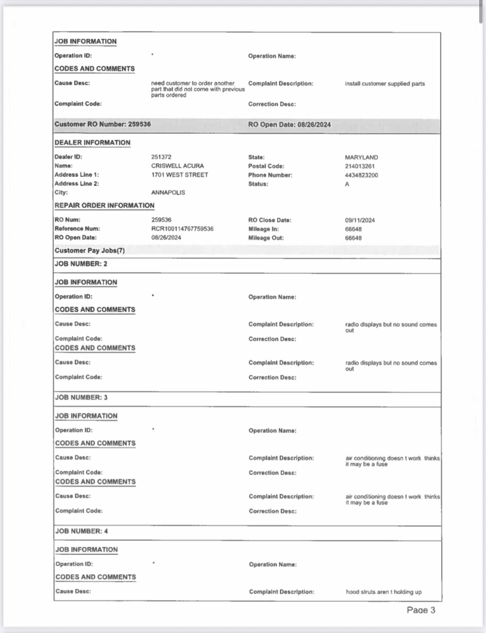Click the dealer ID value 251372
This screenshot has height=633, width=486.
[161, 158]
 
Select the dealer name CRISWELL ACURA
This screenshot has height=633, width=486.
[177, 166]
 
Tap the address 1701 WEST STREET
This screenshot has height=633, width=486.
[180, 175]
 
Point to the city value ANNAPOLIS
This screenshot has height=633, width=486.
[168, 192]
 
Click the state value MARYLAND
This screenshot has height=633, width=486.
[361, 158]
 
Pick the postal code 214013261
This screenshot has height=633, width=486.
[359, 166]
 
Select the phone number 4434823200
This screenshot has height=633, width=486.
[362, 175]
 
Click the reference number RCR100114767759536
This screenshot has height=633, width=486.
[182, 229]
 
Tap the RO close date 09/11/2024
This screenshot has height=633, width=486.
[360, 220]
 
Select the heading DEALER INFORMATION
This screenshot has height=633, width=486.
[92, 143]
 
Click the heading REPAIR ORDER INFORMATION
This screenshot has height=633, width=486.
[104, 205]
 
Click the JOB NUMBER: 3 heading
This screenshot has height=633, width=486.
[82, 397]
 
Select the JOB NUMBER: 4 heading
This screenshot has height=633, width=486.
[82, 531]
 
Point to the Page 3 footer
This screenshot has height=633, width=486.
[421, 610]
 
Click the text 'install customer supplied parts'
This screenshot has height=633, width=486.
[385, 83]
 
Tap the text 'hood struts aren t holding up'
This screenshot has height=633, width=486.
[383, 592]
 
